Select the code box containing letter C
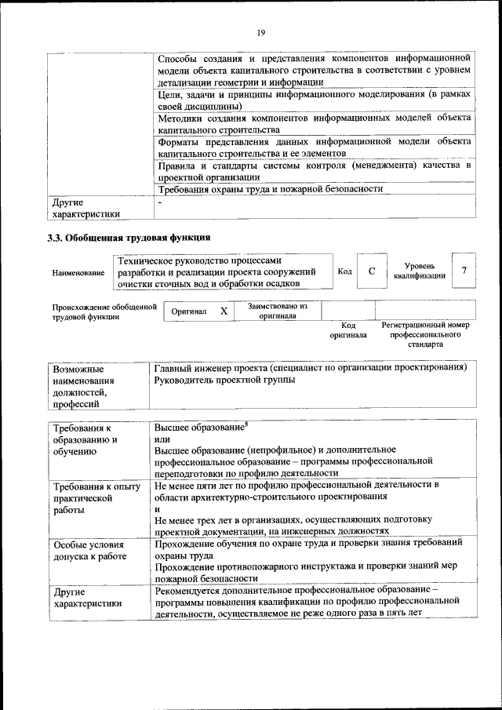[x=372, y=271]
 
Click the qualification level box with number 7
[x=464, y=271]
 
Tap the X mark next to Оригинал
[x=224, y=311]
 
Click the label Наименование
[x=78, y=273]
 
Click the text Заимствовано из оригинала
[x=277, y=311]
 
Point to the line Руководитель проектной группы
[x=224, y=380]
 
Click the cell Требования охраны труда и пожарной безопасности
[x=270, y=189]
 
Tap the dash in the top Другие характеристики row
[x=159, y=202]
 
